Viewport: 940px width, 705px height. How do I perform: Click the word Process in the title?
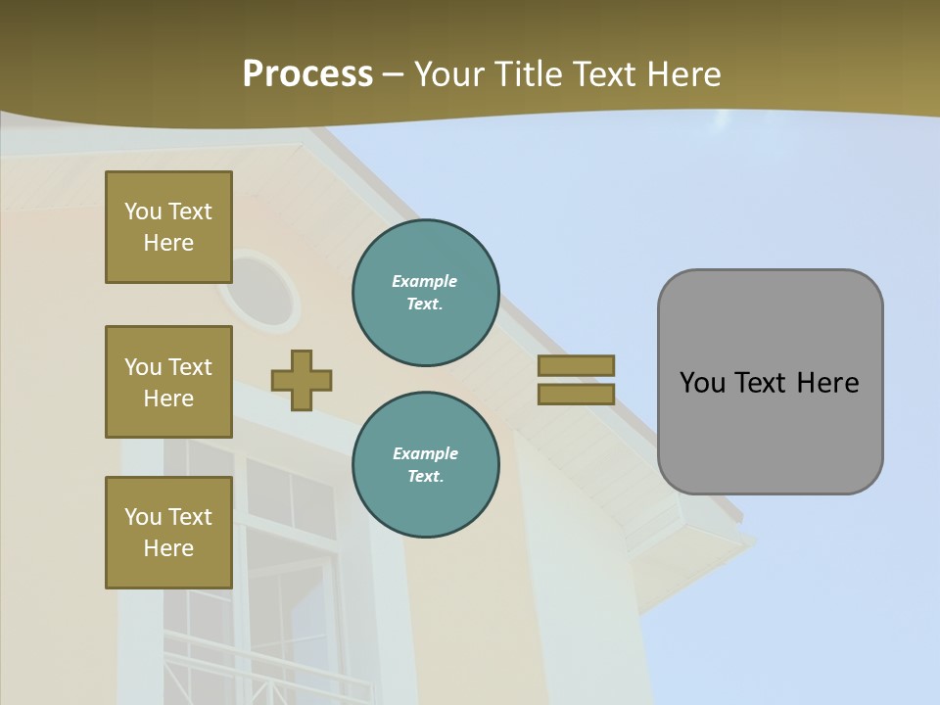(x=307, y=74)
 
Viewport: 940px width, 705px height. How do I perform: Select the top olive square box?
(x=168, y=227)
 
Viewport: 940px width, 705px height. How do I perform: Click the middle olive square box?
(x=168, y=382)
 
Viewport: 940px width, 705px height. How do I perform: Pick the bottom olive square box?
(x=168, y=533)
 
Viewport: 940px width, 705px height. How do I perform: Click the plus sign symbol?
(x=302, y=380)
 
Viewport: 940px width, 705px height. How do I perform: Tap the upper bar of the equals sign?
(x=576, y=365)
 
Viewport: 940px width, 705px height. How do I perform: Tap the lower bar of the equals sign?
(x=576, y=394)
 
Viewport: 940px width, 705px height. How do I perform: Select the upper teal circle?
(x=425, y=293)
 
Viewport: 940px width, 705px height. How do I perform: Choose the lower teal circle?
(x=425, y=465)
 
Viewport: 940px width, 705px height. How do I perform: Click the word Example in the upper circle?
(x=425, y=281)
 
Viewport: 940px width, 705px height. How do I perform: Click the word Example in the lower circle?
(x=425, y=453)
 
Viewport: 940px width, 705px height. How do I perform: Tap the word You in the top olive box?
(x=143, y=211)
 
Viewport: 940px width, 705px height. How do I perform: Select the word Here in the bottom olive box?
(x=168, y=548)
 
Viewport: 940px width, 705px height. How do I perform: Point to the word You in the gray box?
(x=702, y=383)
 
